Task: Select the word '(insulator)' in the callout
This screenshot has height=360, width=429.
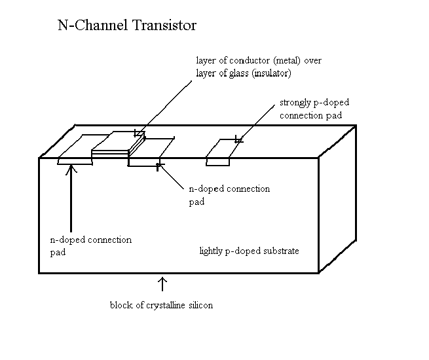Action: (x=269, y=73)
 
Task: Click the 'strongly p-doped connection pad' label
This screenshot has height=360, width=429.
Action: (x=314, y=109)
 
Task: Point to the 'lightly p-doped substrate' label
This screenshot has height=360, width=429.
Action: (x=249, y=251)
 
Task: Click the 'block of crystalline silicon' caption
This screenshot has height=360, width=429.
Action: (x=162, y=305)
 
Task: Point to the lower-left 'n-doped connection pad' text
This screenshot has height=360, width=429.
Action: (x=90, y=245)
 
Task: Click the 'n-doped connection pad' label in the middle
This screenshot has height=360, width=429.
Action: (x=229, y=195)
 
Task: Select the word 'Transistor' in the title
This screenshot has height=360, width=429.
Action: (x=161, y=27)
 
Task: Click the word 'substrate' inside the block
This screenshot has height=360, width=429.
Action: (x=280, y=251)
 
